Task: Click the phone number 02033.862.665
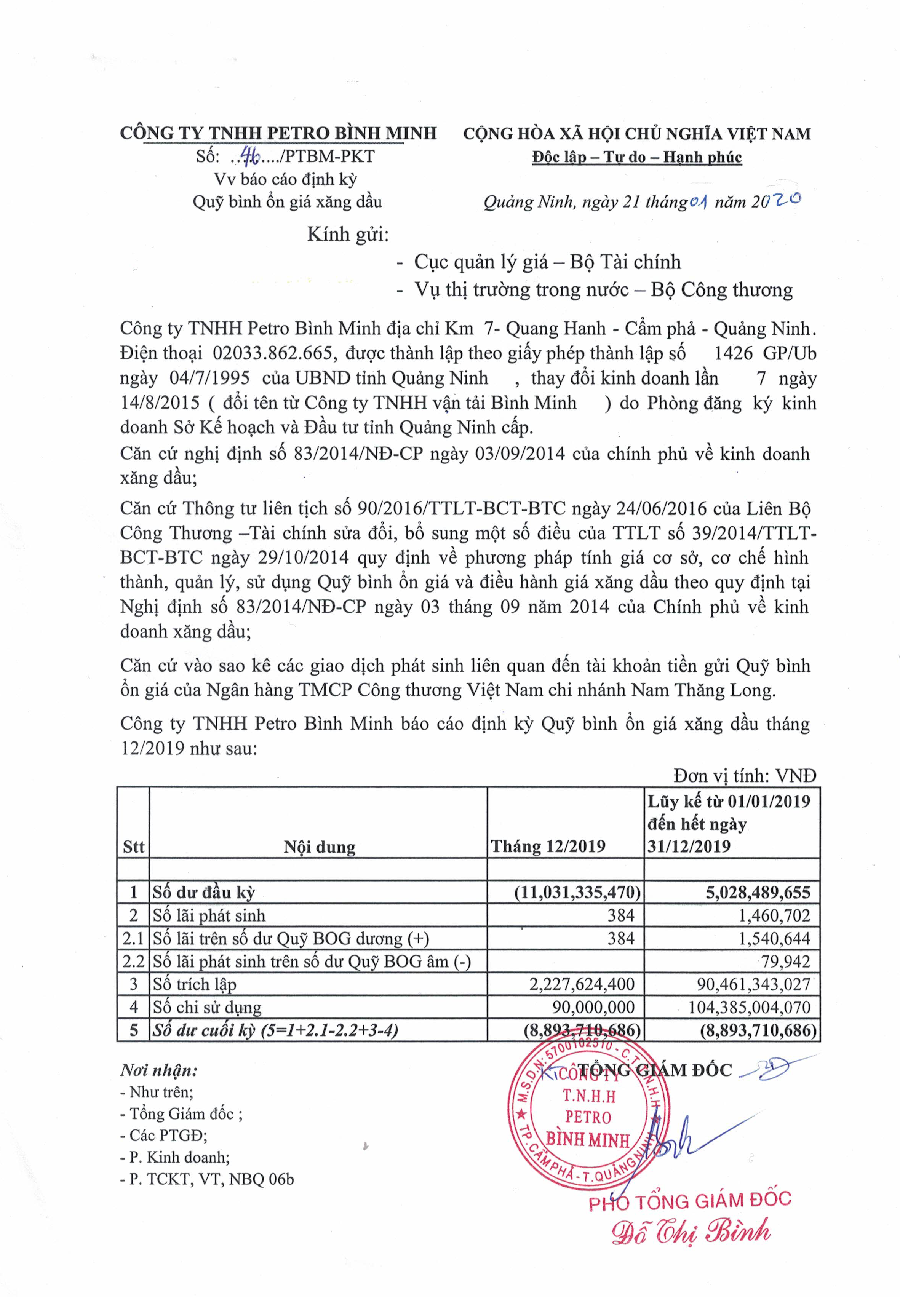tap(275, 353)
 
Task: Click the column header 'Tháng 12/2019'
tap(548, 846)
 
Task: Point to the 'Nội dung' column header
tap(319, 847)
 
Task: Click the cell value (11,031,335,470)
tap(577, 892)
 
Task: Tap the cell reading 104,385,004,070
tap(750, 1007)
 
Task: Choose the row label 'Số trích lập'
tap(195, 984)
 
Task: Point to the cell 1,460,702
tap(774, 915)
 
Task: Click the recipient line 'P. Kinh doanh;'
tap(175, 1157)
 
